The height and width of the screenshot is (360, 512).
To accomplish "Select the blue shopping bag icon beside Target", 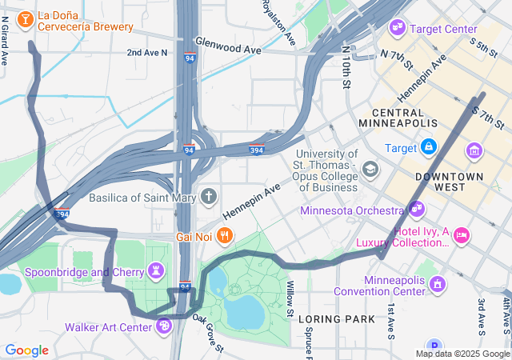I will pyautogui.click(x=429, y=148).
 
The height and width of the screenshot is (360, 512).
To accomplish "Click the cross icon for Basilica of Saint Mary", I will pyautogui.click(x=209, y=196).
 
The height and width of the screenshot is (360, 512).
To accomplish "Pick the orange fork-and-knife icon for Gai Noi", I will pyautogui.click(x=226, y=236).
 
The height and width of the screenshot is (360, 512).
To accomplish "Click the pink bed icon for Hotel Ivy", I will pyautogui.click(x=461, y=235).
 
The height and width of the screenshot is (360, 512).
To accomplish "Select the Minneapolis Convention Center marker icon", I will pyautogui.click(x=437, y=283).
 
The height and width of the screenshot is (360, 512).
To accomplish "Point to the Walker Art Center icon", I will pyautogui.click(x=164, y=326).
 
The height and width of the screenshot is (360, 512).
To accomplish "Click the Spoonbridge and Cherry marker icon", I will pyautogui.click(x=157, y=271).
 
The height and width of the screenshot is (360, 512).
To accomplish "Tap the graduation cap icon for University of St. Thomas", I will pyautogui.click(x=370, y=169).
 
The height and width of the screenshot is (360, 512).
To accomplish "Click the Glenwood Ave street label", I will pyautogui.click(x=228, y=49).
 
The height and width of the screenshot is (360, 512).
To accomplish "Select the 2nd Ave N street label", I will pyautogui.click(x=147, y=53).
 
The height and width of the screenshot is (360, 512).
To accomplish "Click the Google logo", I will pyautogui.click(x=27, y=350).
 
